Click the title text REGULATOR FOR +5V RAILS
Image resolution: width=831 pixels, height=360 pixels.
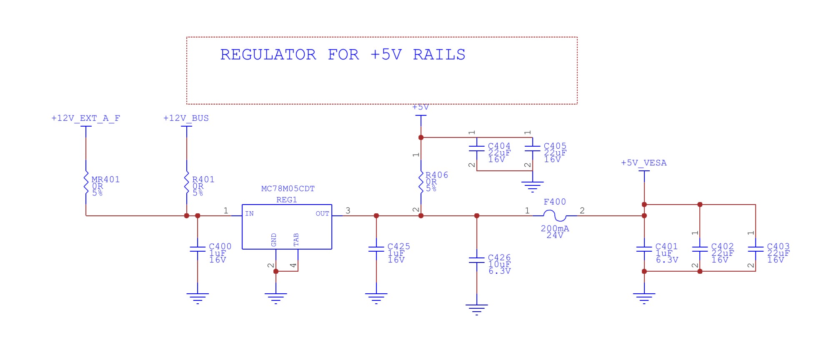tap(343, 55)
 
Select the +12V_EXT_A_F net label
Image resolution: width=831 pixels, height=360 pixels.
tap(85, 118)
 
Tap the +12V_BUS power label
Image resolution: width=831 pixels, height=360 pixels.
tap(186, 118)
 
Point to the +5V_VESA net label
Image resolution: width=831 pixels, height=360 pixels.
tap(643, 163)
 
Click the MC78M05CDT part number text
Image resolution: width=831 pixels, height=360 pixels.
tap(288, 189)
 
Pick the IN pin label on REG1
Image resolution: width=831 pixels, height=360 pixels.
tap(249, 214)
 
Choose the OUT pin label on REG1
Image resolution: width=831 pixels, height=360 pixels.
tap(322, 214)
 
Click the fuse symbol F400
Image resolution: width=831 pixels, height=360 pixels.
tap(555, 216)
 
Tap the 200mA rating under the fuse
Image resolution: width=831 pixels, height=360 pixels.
tap(555, 228)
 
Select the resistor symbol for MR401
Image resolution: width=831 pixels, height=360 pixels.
tap(86, 182)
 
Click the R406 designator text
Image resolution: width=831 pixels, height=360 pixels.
tap(437, 175)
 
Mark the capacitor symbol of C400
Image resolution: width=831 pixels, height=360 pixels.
tap(198, 249)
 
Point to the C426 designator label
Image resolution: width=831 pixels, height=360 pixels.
tap(499, 258)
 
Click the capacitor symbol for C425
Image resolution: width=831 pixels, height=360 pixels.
tap(376, 249)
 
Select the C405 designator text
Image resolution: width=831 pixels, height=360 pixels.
tap(555, 146)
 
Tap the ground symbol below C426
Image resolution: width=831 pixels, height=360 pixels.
tap(477, 310)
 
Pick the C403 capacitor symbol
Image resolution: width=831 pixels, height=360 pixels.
tap(756, 249)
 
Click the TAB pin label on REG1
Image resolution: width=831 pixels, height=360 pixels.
tap(296, 240)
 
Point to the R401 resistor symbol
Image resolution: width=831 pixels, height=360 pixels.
tap(187, 182)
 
